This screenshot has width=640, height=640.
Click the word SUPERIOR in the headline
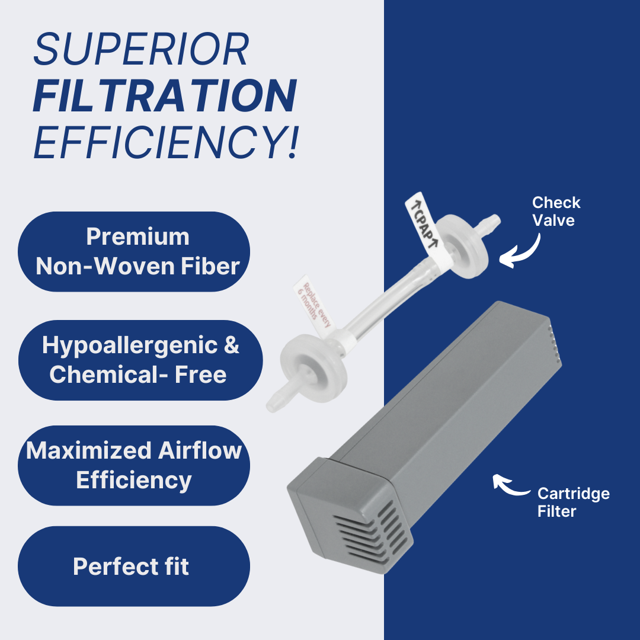(141, 49)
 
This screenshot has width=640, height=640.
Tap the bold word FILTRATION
(165, 95)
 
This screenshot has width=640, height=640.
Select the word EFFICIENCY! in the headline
(167, 142)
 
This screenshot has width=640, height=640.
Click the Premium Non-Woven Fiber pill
(134, 251)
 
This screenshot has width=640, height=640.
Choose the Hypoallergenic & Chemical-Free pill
(140, 360)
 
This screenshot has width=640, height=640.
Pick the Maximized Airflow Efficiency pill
(134, 465)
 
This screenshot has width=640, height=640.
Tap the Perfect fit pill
(134, 566)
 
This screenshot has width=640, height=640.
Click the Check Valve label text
(556, 212)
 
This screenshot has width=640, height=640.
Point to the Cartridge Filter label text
(574, 502)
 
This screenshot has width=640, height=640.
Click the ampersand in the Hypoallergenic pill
(232, 345)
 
